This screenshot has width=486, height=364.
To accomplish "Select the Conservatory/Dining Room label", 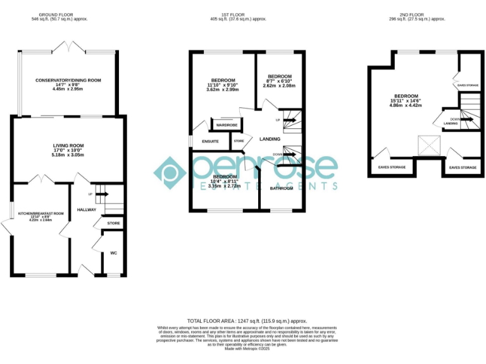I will pyautogui.click(x=68, y=80).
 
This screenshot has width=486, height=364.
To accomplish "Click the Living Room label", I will pyautogui.click(x=68, y=146).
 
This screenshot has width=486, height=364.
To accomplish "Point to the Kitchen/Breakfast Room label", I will pyautogui.click(x=41, y=214).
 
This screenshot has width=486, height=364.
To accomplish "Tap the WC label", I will pyautogui.click(x=114, y=253).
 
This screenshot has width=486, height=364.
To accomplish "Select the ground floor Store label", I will pyautogui.click(x=113, y=224).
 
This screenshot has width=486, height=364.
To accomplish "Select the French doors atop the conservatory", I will pyautogui.click(x=67, y=46).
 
